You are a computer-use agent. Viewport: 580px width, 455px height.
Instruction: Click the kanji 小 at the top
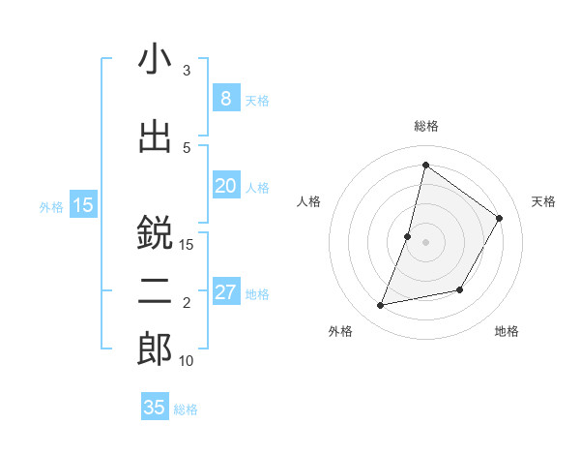click(x=155, y=61)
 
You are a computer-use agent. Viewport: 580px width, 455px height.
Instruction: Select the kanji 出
click(x=155, y=136)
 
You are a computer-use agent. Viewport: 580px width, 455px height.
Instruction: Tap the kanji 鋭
click(x=155, y=233)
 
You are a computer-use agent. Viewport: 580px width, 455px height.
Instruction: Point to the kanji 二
click(x=155, y=292)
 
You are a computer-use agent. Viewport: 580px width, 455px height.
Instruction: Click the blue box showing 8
click(x=225, y=98)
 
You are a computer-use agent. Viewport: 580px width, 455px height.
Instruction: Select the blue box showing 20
click(x=225, y=185)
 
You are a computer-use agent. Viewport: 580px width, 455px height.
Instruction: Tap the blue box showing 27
click(x=225, y=292)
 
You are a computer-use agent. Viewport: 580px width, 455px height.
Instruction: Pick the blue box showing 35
click(x=155, y=408)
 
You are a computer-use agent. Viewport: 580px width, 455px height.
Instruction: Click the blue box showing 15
click(x=83, y=204)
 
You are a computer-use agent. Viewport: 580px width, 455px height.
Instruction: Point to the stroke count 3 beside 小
click(x=187, y=71)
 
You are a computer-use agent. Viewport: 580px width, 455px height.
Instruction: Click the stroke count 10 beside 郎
click(x=187, y=361)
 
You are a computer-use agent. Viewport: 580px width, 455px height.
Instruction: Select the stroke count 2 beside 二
click(x=187, y=303)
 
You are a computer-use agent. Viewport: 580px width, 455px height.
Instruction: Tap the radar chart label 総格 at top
click(x=425, y=126)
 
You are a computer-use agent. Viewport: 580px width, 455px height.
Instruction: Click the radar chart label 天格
click(x=543, y=201)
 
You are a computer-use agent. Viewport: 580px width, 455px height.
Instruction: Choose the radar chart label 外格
click(x=340, y=331)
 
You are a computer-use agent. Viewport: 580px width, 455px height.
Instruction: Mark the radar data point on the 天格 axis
click(x=500, y=218)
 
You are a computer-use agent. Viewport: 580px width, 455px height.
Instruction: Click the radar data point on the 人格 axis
click(x=408, y=236)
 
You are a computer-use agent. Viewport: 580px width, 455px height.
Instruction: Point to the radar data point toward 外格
click(x=381, y=305)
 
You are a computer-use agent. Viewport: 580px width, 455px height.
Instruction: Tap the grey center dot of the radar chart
click(x=425, y=242)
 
